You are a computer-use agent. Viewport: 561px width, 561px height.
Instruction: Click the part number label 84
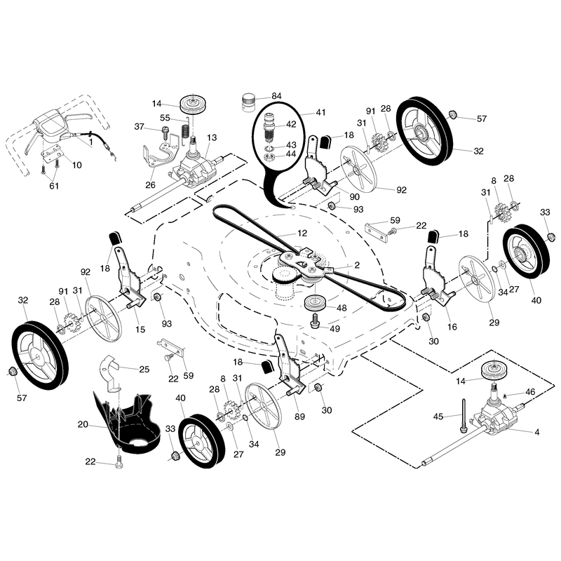[276, 96]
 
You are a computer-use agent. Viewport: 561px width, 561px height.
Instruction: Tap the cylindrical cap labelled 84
[248, 102]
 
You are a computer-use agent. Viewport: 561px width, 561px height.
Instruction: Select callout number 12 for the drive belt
[302, 234]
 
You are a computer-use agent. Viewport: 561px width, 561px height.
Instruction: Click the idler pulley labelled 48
[315, 304]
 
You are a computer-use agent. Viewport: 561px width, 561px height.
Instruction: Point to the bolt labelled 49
[315, 320]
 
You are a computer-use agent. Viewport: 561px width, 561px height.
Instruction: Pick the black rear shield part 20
[126, 423]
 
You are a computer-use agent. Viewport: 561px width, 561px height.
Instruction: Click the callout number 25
[144, 370]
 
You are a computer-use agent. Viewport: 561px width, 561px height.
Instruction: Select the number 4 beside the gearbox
[536, 432]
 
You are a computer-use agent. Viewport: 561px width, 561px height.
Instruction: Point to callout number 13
[212, 137]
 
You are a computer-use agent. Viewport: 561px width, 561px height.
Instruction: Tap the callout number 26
[150, 184]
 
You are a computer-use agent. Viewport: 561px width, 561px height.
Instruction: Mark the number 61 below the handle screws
[54, 186]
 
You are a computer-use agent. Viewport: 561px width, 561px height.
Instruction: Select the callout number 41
[320, 112]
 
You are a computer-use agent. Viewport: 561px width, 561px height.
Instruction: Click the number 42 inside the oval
[291, 124]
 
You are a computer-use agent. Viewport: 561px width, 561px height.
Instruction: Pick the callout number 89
[300, 417]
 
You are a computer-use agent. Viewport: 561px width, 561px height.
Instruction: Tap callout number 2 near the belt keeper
[357, 266]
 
